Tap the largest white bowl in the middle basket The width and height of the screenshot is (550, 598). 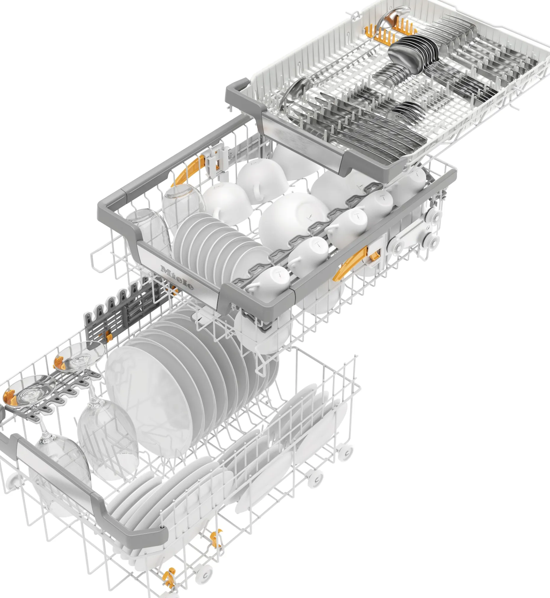(293, 220)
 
